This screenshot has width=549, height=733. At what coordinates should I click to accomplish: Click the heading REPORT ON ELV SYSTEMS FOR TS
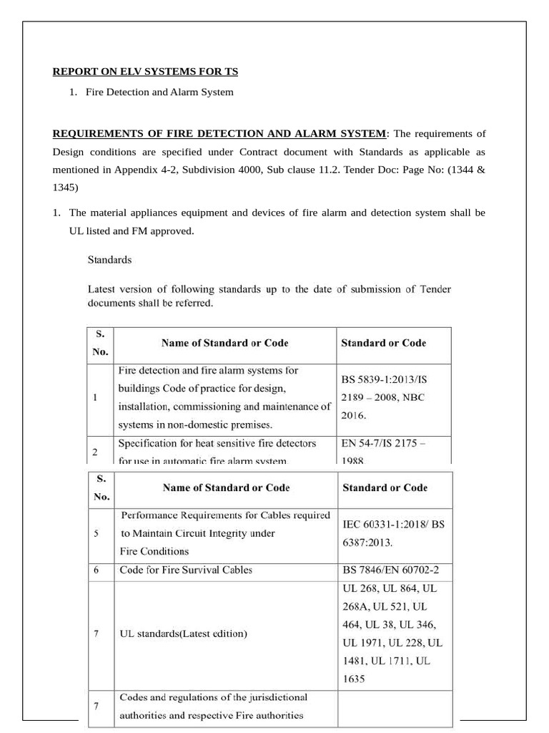145,72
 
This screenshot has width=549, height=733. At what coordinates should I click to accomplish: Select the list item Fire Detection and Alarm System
159,92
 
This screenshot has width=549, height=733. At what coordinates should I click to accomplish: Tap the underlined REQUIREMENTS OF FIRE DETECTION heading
219,133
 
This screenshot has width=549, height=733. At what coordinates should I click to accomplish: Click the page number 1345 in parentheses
65,188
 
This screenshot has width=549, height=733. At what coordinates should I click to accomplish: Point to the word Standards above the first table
109,260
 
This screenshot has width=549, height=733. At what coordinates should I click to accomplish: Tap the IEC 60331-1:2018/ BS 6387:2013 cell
393,533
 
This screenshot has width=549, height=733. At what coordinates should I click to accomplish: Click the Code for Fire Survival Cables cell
186,571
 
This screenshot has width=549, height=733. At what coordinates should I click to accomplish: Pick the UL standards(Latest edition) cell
184,634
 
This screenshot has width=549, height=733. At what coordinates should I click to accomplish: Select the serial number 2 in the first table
96,452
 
